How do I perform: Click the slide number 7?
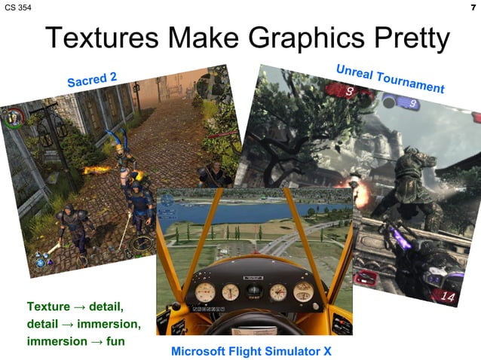pyautogui.click(x=473, y=7)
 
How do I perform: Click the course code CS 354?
pyautogui.click(x=18, y=7)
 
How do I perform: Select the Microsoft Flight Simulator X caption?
pyautogui.click(x=251, y=351)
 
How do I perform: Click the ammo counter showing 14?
pyautogui.click(x=448, y=297)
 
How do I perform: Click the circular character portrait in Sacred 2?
pyautogui.click(x=13, y=118)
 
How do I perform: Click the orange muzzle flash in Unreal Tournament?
pyautogui.click(x=353, y=183)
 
